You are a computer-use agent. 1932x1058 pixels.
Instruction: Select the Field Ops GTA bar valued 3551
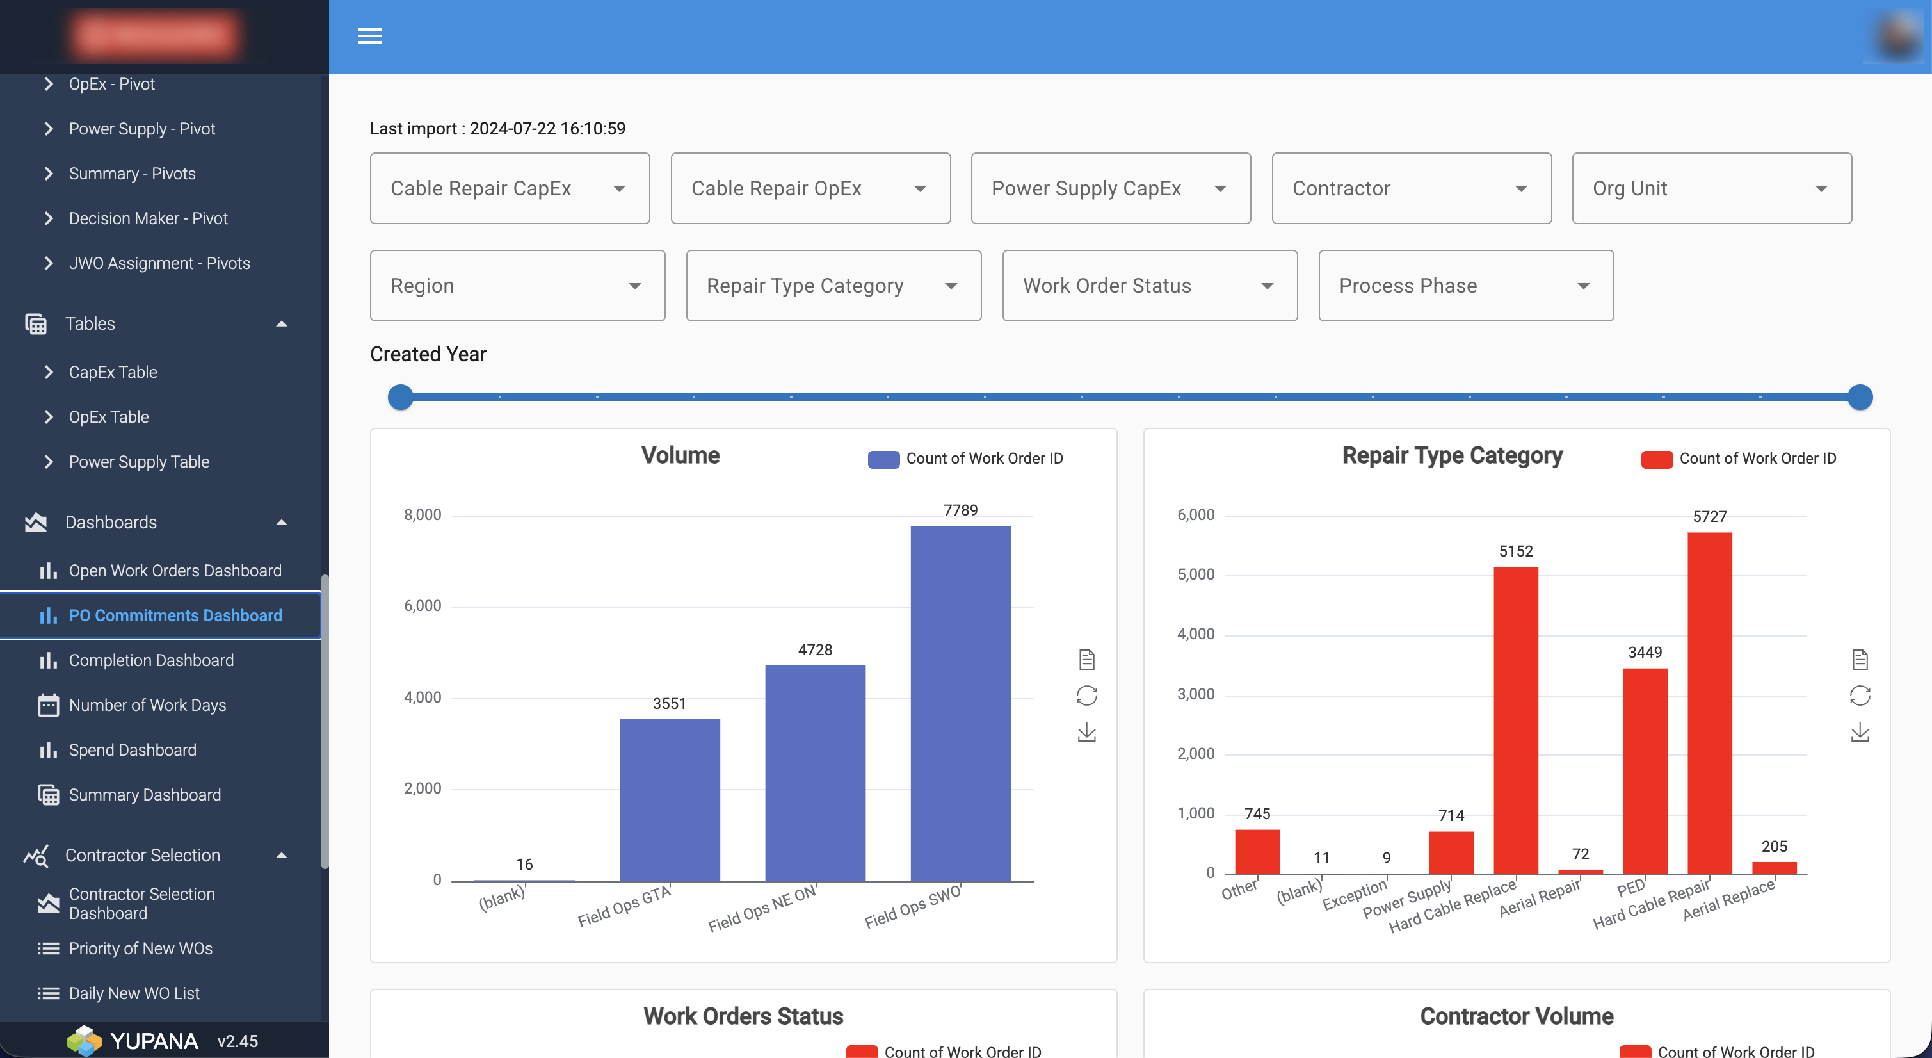click(669, 800)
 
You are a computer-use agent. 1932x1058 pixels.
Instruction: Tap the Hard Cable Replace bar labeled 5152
click(1515, 720)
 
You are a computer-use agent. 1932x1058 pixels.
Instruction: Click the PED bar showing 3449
click(1644, 770)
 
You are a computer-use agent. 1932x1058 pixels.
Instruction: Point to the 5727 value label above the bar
click(1709, 516)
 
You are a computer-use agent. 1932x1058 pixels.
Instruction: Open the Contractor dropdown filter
click(1411, 188)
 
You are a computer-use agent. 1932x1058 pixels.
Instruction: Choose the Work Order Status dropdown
click(1149, 286)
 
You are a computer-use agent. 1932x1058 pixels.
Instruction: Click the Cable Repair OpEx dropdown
click(810, 188)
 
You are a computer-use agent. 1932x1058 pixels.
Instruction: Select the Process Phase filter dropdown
click(1465, 286)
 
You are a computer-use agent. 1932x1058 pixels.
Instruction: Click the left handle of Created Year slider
click(401, 397)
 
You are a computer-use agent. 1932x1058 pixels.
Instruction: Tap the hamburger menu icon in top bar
click(370, 36)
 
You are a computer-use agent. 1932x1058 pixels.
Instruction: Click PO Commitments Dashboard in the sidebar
click(175, 615)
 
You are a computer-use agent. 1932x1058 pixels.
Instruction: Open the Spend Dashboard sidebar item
click(132, 749)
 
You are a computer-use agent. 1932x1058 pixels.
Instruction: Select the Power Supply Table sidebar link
click(139, 462)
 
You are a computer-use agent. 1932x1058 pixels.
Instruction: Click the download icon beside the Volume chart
click(1086, 733)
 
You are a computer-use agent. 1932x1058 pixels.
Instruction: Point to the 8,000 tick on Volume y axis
click(423, 515)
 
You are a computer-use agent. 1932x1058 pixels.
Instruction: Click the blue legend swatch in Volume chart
click(883, 459)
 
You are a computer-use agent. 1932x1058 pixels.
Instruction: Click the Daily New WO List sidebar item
click(134, 993)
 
